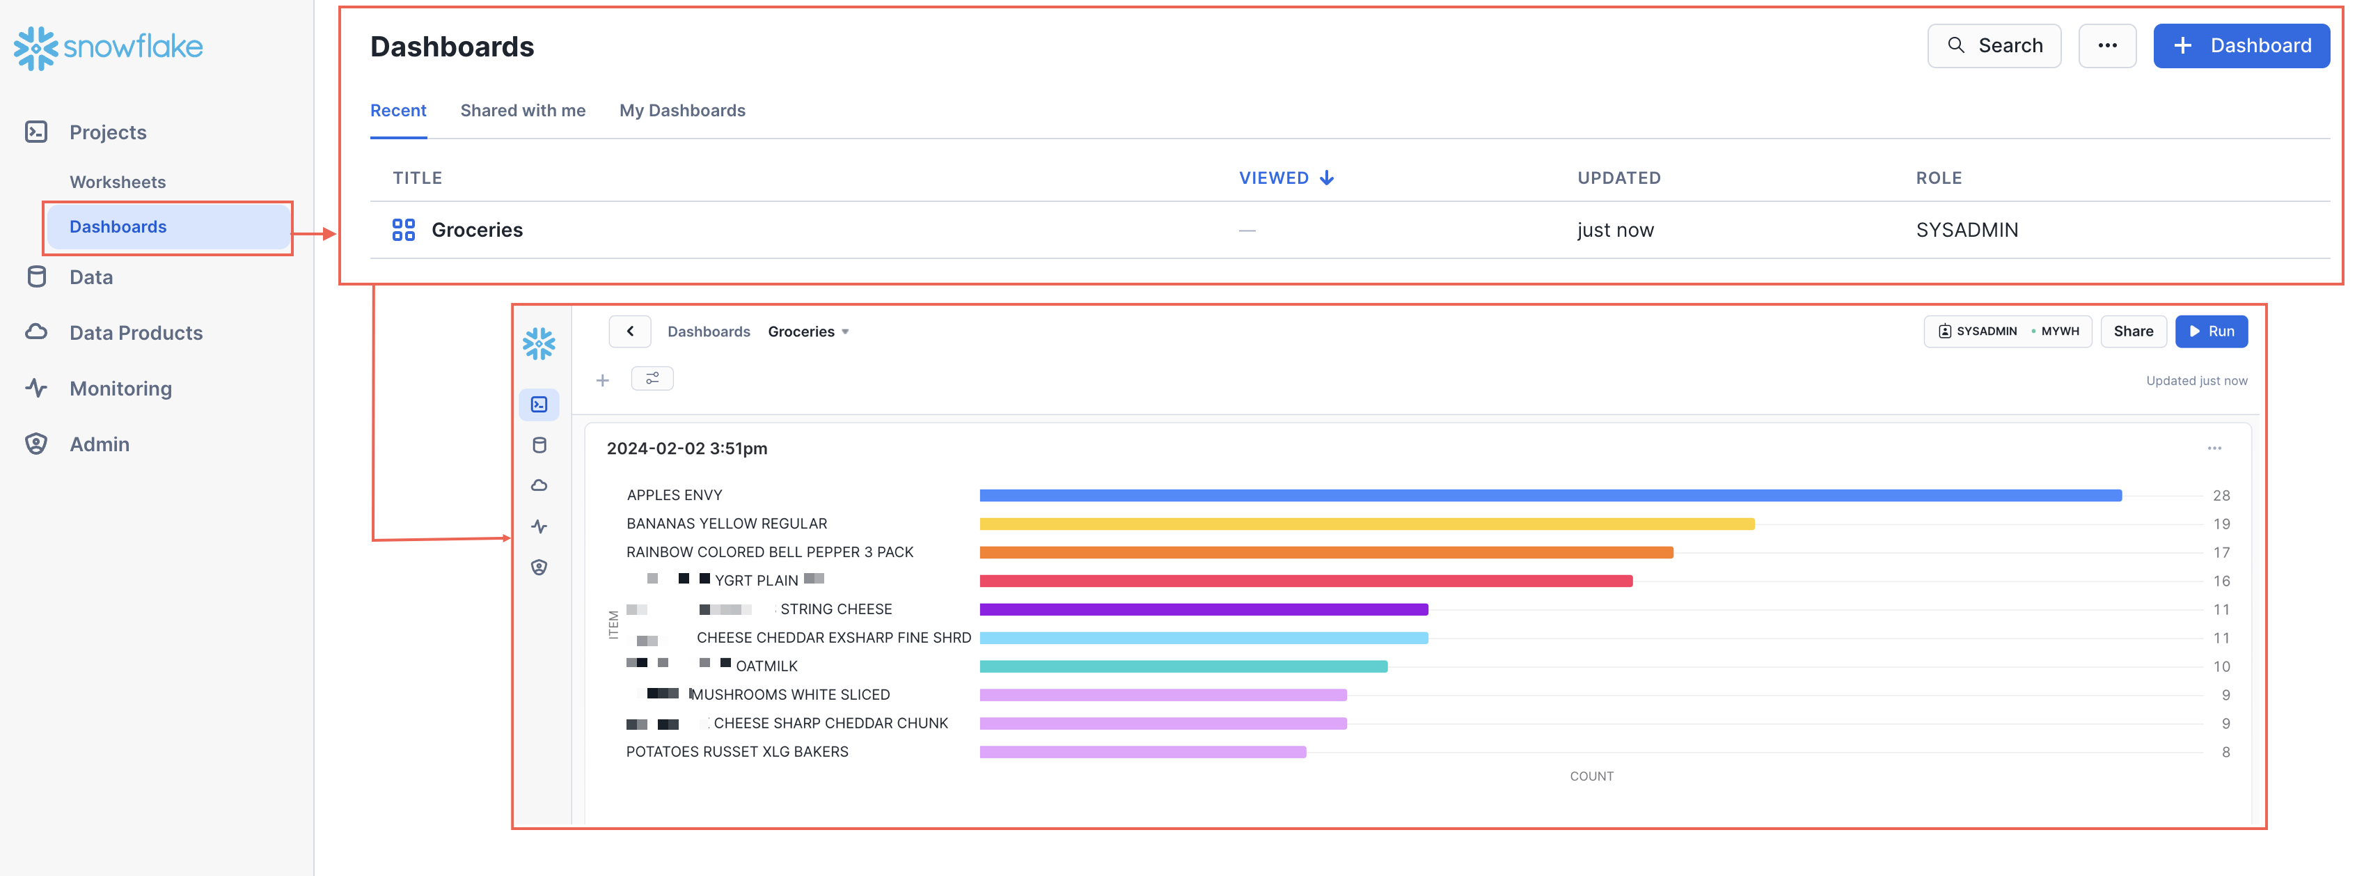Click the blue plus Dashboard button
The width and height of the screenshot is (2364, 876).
2240,46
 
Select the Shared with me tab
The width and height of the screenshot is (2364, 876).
522,110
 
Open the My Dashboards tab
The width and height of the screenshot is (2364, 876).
682,110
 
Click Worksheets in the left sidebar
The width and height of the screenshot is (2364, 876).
118,182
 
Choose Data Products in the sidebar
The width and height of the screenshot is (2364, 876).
135,332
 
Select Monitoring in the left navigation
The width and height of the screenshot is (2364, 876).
120,389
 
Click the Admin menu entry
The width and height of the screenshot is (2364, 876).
99,444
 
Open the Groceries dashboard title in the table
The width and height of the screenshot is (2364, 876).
476,230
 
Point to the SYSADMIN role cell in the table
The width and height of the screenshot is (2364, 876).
1966,230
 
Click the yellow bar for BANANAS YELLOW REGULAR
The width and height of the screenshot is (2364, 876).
1366,524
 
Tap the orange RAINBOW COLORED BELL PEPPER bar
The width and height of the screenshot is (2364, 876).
1325,553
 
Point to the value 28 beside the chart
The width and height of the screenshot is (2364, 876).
2220,496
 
